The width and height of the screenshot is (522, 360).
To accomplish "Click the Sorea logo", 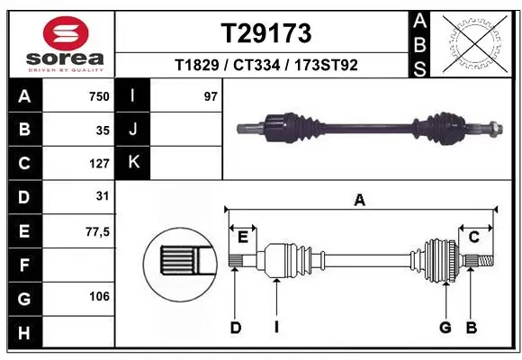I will [59, 42].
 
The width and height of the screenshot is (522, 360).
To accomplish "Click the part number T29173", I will [266, 33].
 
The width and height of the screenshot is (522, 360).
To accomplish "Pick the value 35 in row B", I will [103, 130].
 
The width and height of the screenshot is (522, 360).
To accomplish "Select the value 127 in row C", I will [98, 164].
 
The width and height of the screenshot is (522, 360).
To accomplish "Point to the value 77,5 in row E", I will [96, 231].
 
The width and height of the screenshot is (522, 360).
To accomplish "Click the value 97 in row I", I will [211, 96].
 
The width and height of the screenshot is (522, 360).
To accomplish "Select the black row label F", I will [23, 265].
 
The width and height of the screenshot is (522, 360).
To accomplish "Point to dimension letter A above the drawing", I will [360, 201].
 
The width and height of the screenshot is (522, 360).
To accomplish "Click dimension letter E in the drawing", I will [243, 237].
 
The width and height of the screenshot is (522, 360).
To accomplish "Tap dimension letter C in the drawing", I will [473, 237].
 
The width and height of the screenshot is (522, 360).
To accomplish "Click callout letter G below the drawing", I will [445, 328].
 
